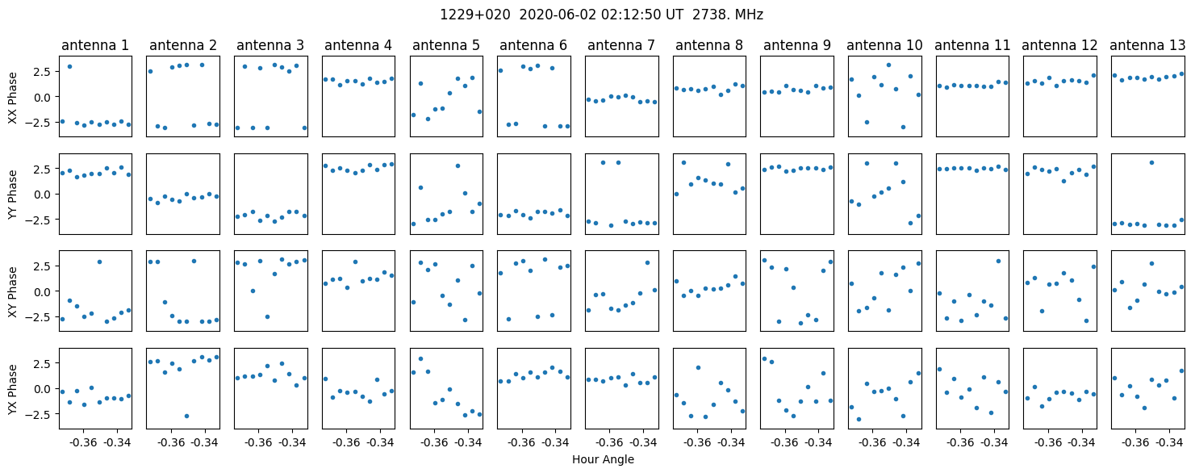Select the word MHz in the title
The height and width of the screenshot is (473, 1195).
click(x=749, y=15)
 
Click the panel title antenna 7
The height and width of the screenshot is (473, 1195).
click(x=621, y=46)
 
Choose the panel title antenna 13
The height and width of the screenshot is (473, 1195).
click(x=1147, y=46)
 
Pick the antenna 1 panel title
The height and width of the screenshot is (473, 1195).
click(x=95, y=46)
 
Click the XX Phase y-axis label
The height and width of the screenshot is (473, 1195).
click(x=13, y=97)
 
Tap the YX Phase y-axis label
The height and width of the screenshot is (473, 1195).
click(x=13, y=389)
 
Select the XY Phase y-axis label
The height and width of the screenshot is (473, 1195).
click(x=13, y=291)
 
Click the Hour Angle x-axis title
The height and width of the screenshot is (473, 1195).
click(x=603, y=459)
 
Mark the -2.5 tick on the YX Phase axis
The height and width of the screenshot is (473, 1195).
click(x=42, y=414)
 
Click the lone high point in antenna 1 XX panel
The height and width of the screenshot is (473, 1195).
click(x=69, y=67)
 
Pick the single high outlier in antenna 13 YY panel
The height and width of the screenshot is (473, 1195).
click(x=1151, y=163)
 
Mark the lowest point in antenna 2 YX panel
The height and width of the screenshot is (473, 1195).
click(x=186, y=416)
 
